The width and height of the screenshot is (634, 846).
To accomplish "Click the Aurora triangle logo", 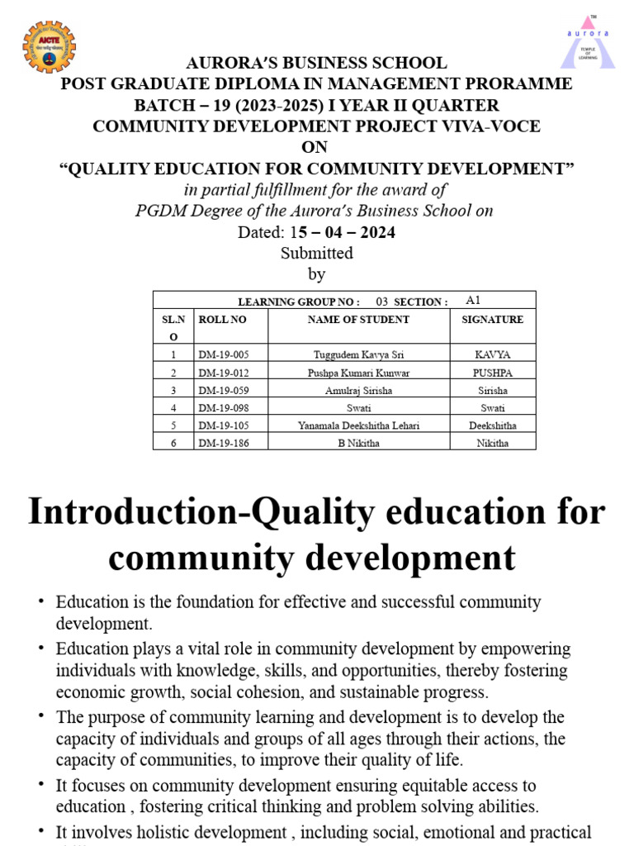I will tap(588, 41).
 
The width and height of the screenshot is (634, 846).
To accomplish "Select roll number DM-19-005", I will tap(223, 354).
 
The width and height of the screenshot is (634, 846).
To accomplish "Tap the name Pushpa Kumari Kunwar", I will tap(358, 373).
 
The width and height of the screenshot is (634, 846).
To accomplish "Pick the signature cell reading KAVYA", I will tap(493, 354).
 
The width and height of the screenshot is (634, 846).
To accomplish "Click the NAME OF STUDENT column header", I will tap(358, 320).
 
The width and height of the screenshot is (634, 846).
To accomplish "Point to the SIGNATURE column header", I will tap(493, 320).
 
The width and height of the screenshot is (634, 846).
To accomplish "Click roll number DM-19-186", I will tap(223, 443).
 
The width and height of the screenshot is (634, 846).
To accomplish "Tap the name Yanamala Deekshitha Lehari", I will tap(358, 425).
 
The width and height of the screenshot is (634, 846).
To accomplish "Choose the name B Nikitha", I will tap(358, 443).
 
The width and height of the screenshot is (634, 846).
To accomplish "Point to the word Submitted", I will tap(316, 253).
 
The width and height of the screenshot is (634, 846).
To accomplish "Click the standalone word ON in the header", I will tap(315, 148).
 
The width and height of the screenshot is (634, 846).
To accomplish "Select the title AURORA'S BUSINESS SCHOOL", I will tap(316, 63).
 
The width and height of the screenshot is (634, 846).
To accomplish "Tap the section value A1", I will tap(473, 300).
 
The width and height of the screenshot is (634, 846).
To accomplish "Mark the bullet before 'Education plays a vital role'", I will tap(40, 649).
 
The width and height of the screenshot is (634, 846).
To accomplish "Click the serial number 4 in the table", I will tap(173, 408).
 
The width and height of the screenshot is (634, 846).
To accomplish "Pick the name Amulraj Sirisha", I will tap(358, 390).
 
